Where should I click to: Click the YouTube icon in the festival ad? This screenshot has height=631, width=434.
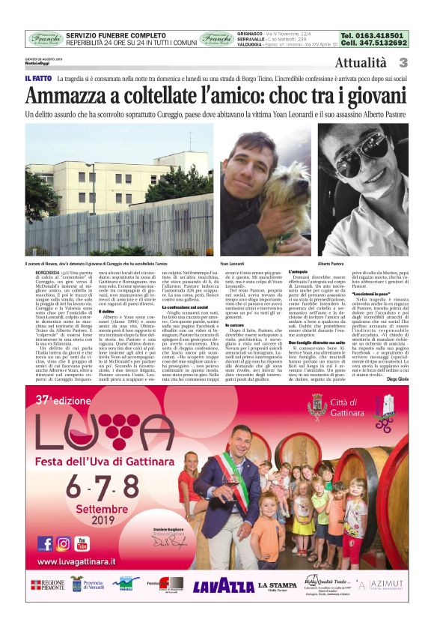pos(82,543)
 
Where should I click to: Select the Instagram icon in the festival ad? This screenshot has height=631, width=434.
pos(63,543)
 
